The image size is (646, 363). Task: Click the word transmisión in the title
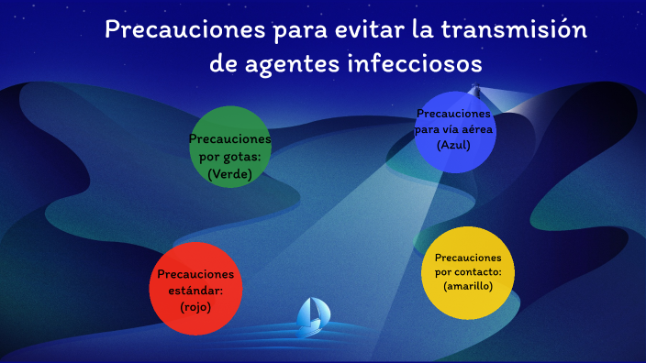514,29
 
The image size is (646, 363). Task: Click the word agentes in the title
288,65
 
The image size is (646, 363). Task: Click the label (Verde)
229,173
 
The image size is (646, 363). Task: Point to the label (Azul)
454,145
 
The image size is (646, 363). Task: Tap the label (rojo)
195,307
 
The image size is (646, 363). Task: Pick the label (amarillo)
468,286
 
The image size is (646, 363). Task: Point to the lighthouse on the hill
476,91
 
